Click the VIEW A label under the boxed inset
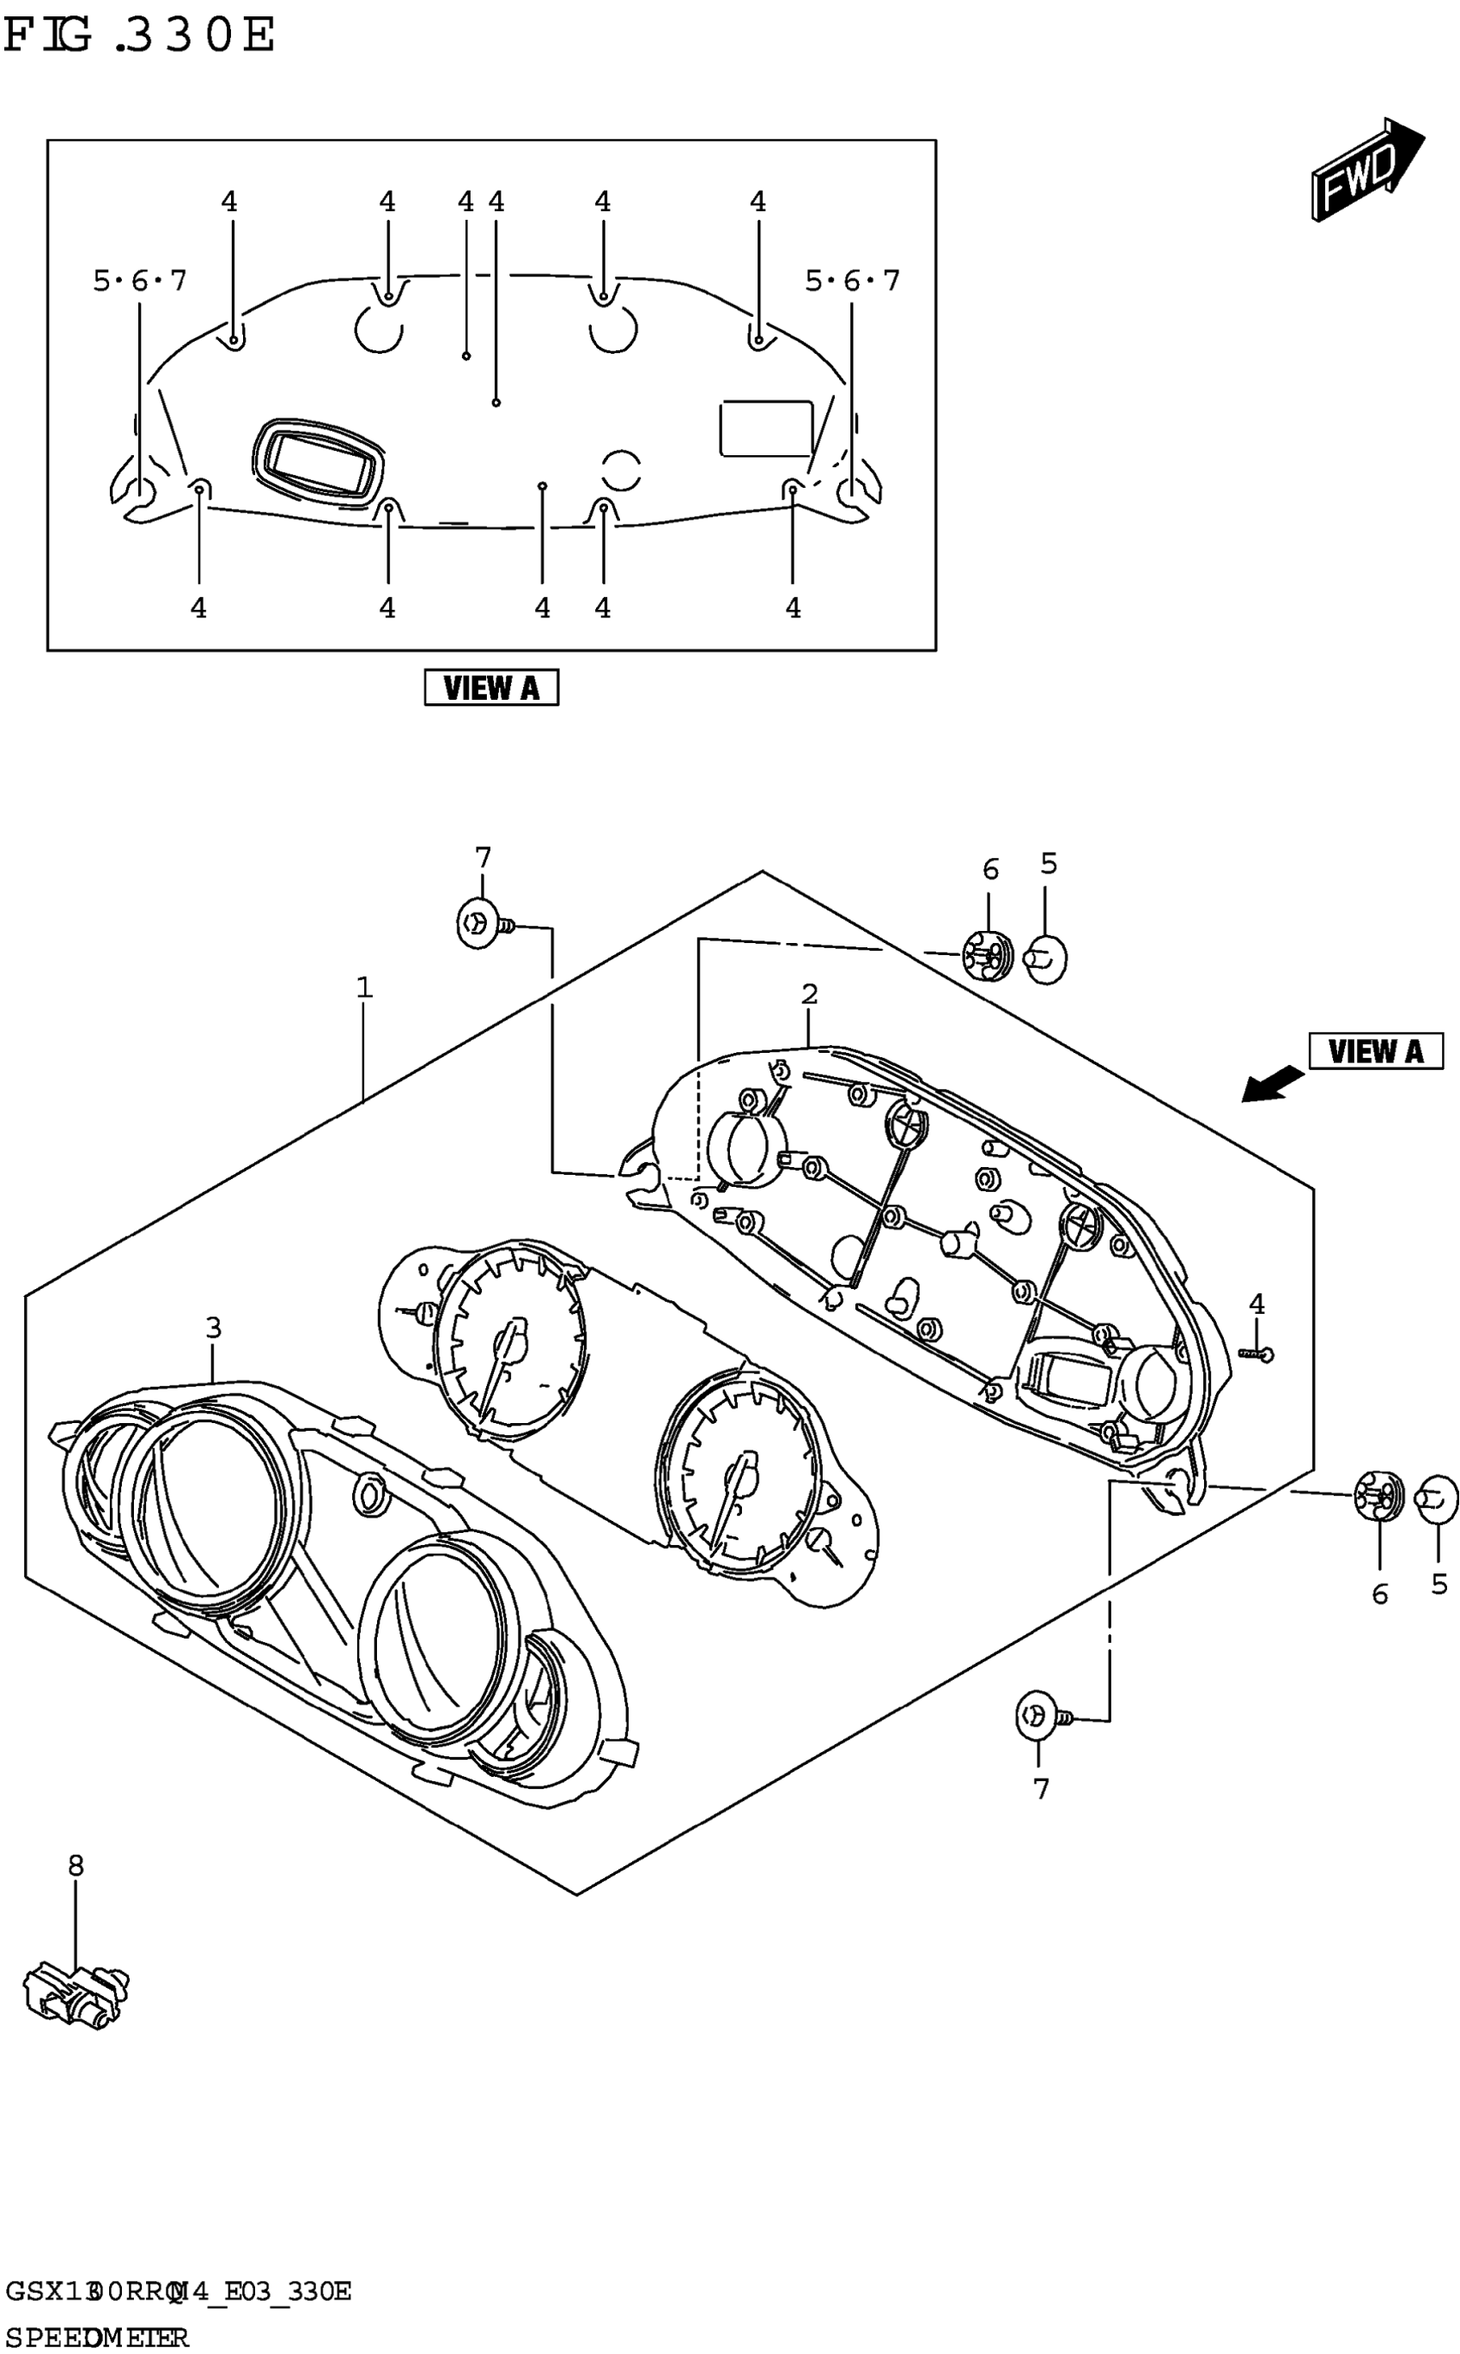[x=490, y=687]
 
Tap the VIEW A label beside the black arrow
[x=1375, y=1050]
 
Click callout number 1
[x=364, y=988]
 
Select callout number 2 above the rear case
[x=809, y=994]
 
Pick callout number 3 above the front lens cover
[x=213, y=1328]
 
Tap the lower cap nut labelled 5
[x=1437, y=1499]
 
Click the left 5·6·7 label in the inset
[x=140, y=281]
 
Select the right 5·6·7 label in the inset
[x=852, y=281]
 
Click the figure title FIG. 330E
[x=140, y=36]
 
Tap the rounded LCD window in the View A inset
[x=318, y=460]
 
